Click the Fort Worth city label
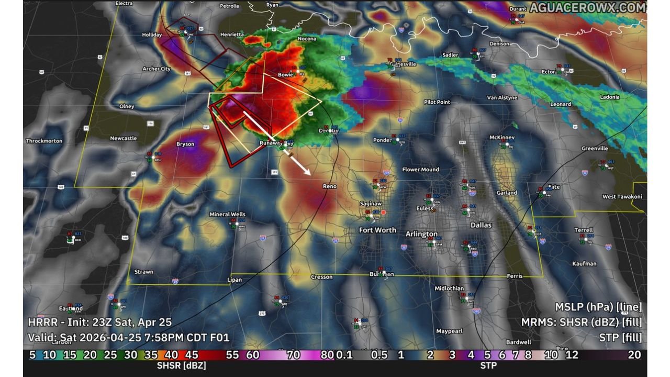(377, 230)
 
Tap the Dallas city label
(481, 225)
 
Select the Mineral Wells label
(227, 214)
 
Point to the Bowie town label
(285, 75)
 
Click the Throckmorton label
(44, 141)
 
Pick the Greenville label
(595, 149)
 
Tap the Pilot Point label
(437, 102)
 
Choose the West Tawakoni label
(622, 197)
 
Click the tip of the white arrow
(310, 174)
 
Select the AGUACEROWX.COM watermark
(587, 7)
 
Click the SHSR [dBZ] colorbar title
(181, 365)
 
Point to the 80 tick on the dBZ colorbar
(327, 355)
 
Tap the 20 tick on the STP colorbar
(634, 355)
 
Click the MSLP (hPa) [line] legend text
(598, 307)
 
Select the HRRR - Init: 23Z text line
(99, 323)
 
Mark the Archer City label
(157, 69)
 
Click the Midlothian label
(449, 289)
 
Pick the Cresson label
(321, 277)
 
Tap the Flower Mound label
(420, 170)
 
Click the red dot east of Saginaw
(384, 212)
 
